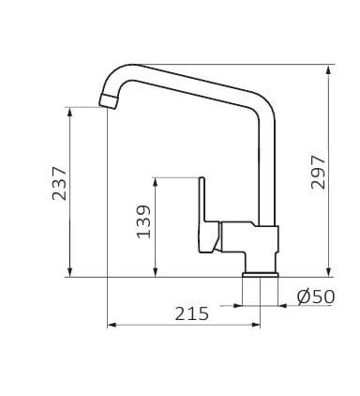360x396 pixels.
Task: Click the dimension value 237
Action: click(x=59, y=184)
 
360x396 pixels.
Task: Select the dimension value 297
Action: click(x=318, y=172)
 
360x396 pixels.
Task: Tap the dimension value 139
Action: click(x=143, y=221)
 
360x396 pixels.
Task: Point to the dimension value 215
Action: click(x=191, y=313)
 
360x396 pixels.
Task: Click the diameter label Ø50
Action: click(x=316, y=297)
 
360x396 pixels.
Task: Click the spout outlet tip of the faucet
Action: click(x=108, y=101)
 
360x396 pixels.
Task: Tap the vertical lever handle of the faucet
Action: click(x=202, y=200)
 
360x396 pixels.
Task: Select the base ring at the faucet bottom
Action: click(x=261, y=274)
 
